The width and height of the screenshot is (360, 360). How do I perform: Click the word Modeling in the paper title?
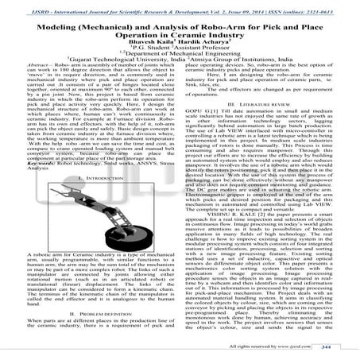[62, 25]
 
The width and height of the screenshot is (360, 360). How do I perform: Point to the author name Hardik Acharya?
[199, 44]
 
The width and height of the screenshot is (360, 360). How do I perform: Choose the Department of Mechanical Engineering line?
[180, 60]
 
